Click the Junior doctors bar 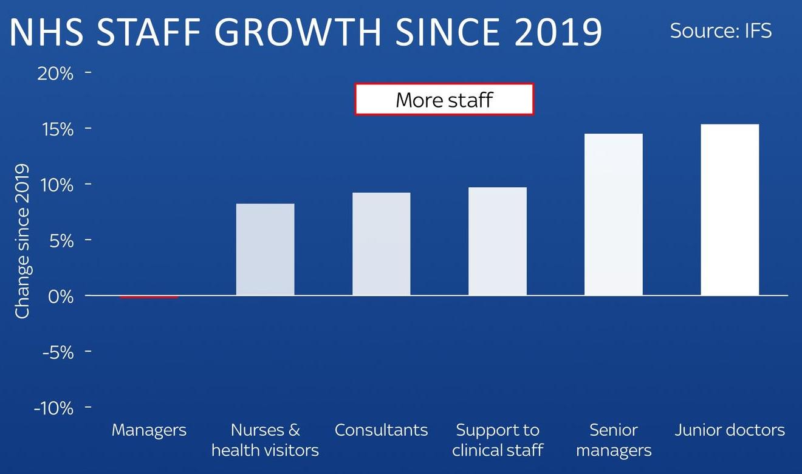pyautogui.click(x=730, y=210)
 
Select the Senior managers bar pyautogui.click(x=614, y=215)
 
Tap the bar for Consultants pyautogui.click(x=382, y=244)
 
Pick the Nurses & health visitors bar pyautogui.click(x=266, y=249)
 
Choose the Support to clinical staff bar pyautogui.click(x=498, y=241)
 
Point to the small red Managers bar pyautogui.click(x=149, y=297)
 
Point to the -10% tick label pyautogui.click(x=53, y=408)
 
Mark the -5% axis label pyautogui.click(x=58, y=352)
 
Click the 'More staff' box pyautogui.click(x=444, y=99)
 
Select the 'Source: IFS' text pyautogui.click(x=721, y=31)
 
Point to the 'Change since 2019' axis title pyautogui.click(x=23, y=241)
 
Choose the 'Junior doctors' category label pyautogui.click(x=730, y=430)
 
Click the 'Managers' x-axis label pyautogui.click(x=149, y=430)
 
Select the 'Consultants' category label pyautogui.click(x=382, y=430)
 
